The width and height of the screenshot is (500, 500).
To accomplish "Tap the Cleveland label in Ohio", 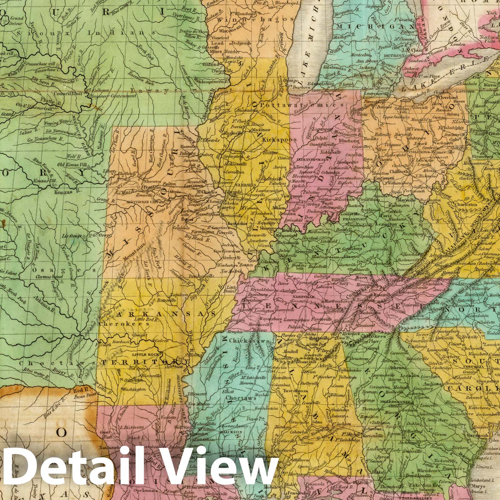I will point(439,97).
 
